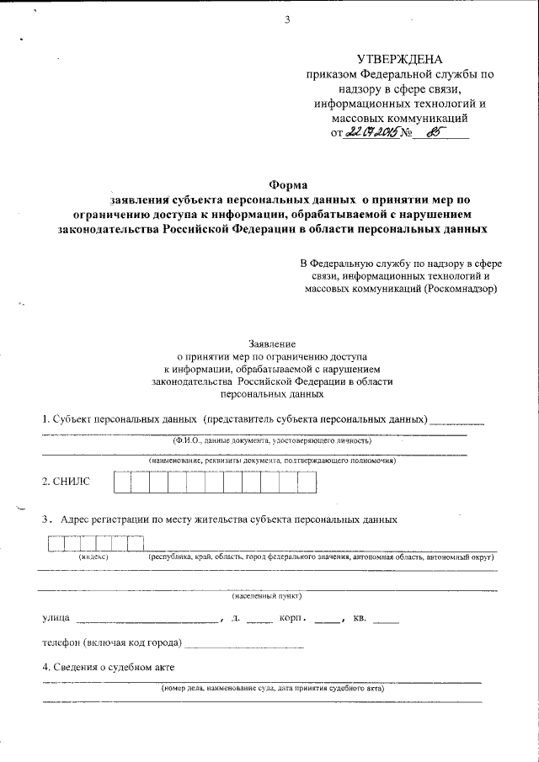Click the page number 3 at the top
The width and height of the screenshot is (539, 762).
286,20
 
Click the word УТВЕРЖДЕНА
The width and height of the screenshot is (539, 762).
399,59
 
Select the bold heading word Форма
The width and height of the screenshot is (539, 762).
288,184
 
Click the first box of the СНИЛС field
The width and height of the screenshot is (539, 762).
122,482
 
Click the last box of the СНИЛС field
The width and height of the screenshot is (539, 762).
307,482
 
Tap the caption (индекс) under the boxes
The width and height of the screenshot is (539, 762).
93,557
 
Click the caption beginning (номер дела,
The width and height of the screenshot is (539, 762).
273,688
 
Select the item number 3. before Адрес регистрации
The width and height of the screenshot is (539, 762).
47,520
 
